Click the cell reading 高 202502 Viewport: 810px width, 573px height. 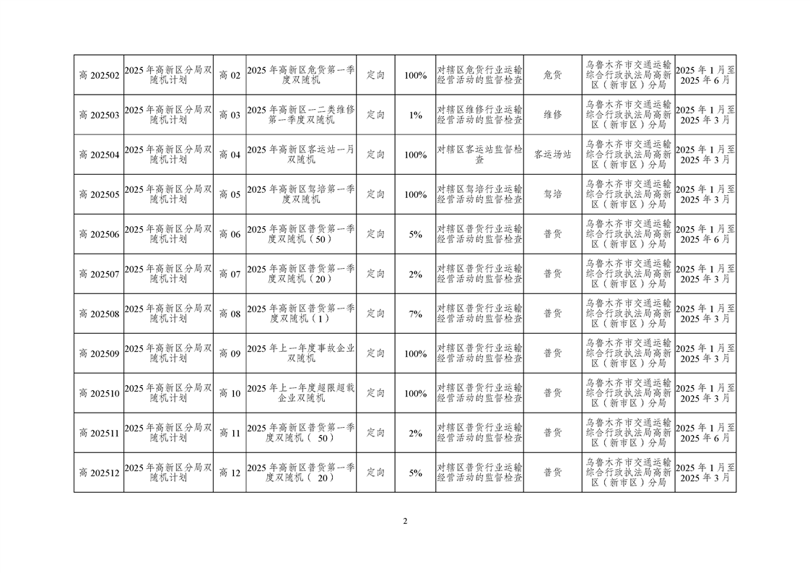tap(99, 75)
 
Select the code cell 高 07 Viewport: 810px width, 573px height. tap(230, 274)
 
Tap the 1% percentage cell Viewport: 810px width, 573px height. tap(415, 116)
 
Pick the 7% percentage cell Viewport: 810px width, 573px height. tap(415, 314)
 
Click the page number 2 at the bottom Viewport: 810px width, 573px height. tap(405, 521)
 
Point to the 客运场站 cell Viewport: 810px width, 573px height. tap(553, 155)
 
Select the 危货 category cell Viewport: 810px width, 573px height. tap(553, 75)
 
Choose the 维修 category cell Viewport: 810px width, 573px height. tap(553, 116)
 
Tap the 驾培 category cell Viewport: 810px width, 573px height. tap(553, 194)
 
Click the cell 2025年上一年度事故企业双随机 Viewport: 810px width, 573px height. tap(301, 353)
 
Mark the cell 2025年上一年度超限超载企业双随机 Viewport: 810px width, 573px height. tap(301, 393)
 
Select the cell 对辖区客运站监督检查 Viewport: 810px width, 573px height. tap(480, 155)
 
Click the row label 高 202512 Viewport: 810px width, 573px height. tap(99, 473)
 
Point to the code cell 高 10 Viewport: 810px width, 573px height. tap(230, 393)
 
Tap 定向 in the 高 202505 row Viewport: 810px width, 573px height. tap(375, 194)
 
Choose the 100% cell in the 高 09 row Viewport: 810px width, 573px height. tap(415, 354)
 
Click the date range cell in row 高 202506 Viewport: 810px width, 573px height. tap(705, 234)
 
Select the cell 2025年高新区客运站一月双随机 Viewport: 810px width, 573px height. tap(301, 155)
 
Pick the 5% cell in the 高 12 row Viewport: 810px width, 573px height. tap(415, 473)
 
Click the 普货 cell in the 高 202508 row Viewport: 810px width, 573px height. tap(553, 314)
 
